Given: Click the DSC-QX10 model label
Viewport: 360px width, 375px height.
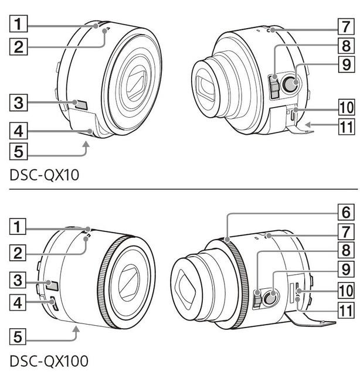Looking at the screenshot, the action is pyautogui.click(x=45, y=175).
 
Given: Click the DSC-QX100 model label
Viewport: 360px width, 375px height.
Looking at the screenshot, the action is pyautogui.click(x=49, y=361).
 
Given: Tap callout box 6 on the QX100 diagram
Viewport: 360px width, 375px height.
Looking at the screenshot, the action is pyautogui.click(x=346, y=212).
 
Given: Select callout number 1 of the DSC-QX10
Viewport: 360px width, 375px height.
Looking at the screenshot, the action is pyautogui.click(x=18, y=23).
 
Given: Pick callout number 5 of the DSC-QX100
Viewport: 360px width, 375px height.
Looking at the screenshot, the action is pyautogui.click(x=18, y=337).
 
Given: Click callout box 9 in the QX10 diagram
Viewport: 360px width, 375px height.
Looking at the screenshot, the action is pyautogui.click(x=346, y=64).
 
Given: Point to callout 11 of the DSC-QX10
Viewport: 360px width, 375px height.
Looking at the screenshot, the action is pyautogui.click(x=346, y=127).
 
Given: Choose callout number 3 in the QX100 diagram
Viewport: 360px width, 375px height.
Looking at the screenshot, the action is pyautogui.click(x=18, y=280).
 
